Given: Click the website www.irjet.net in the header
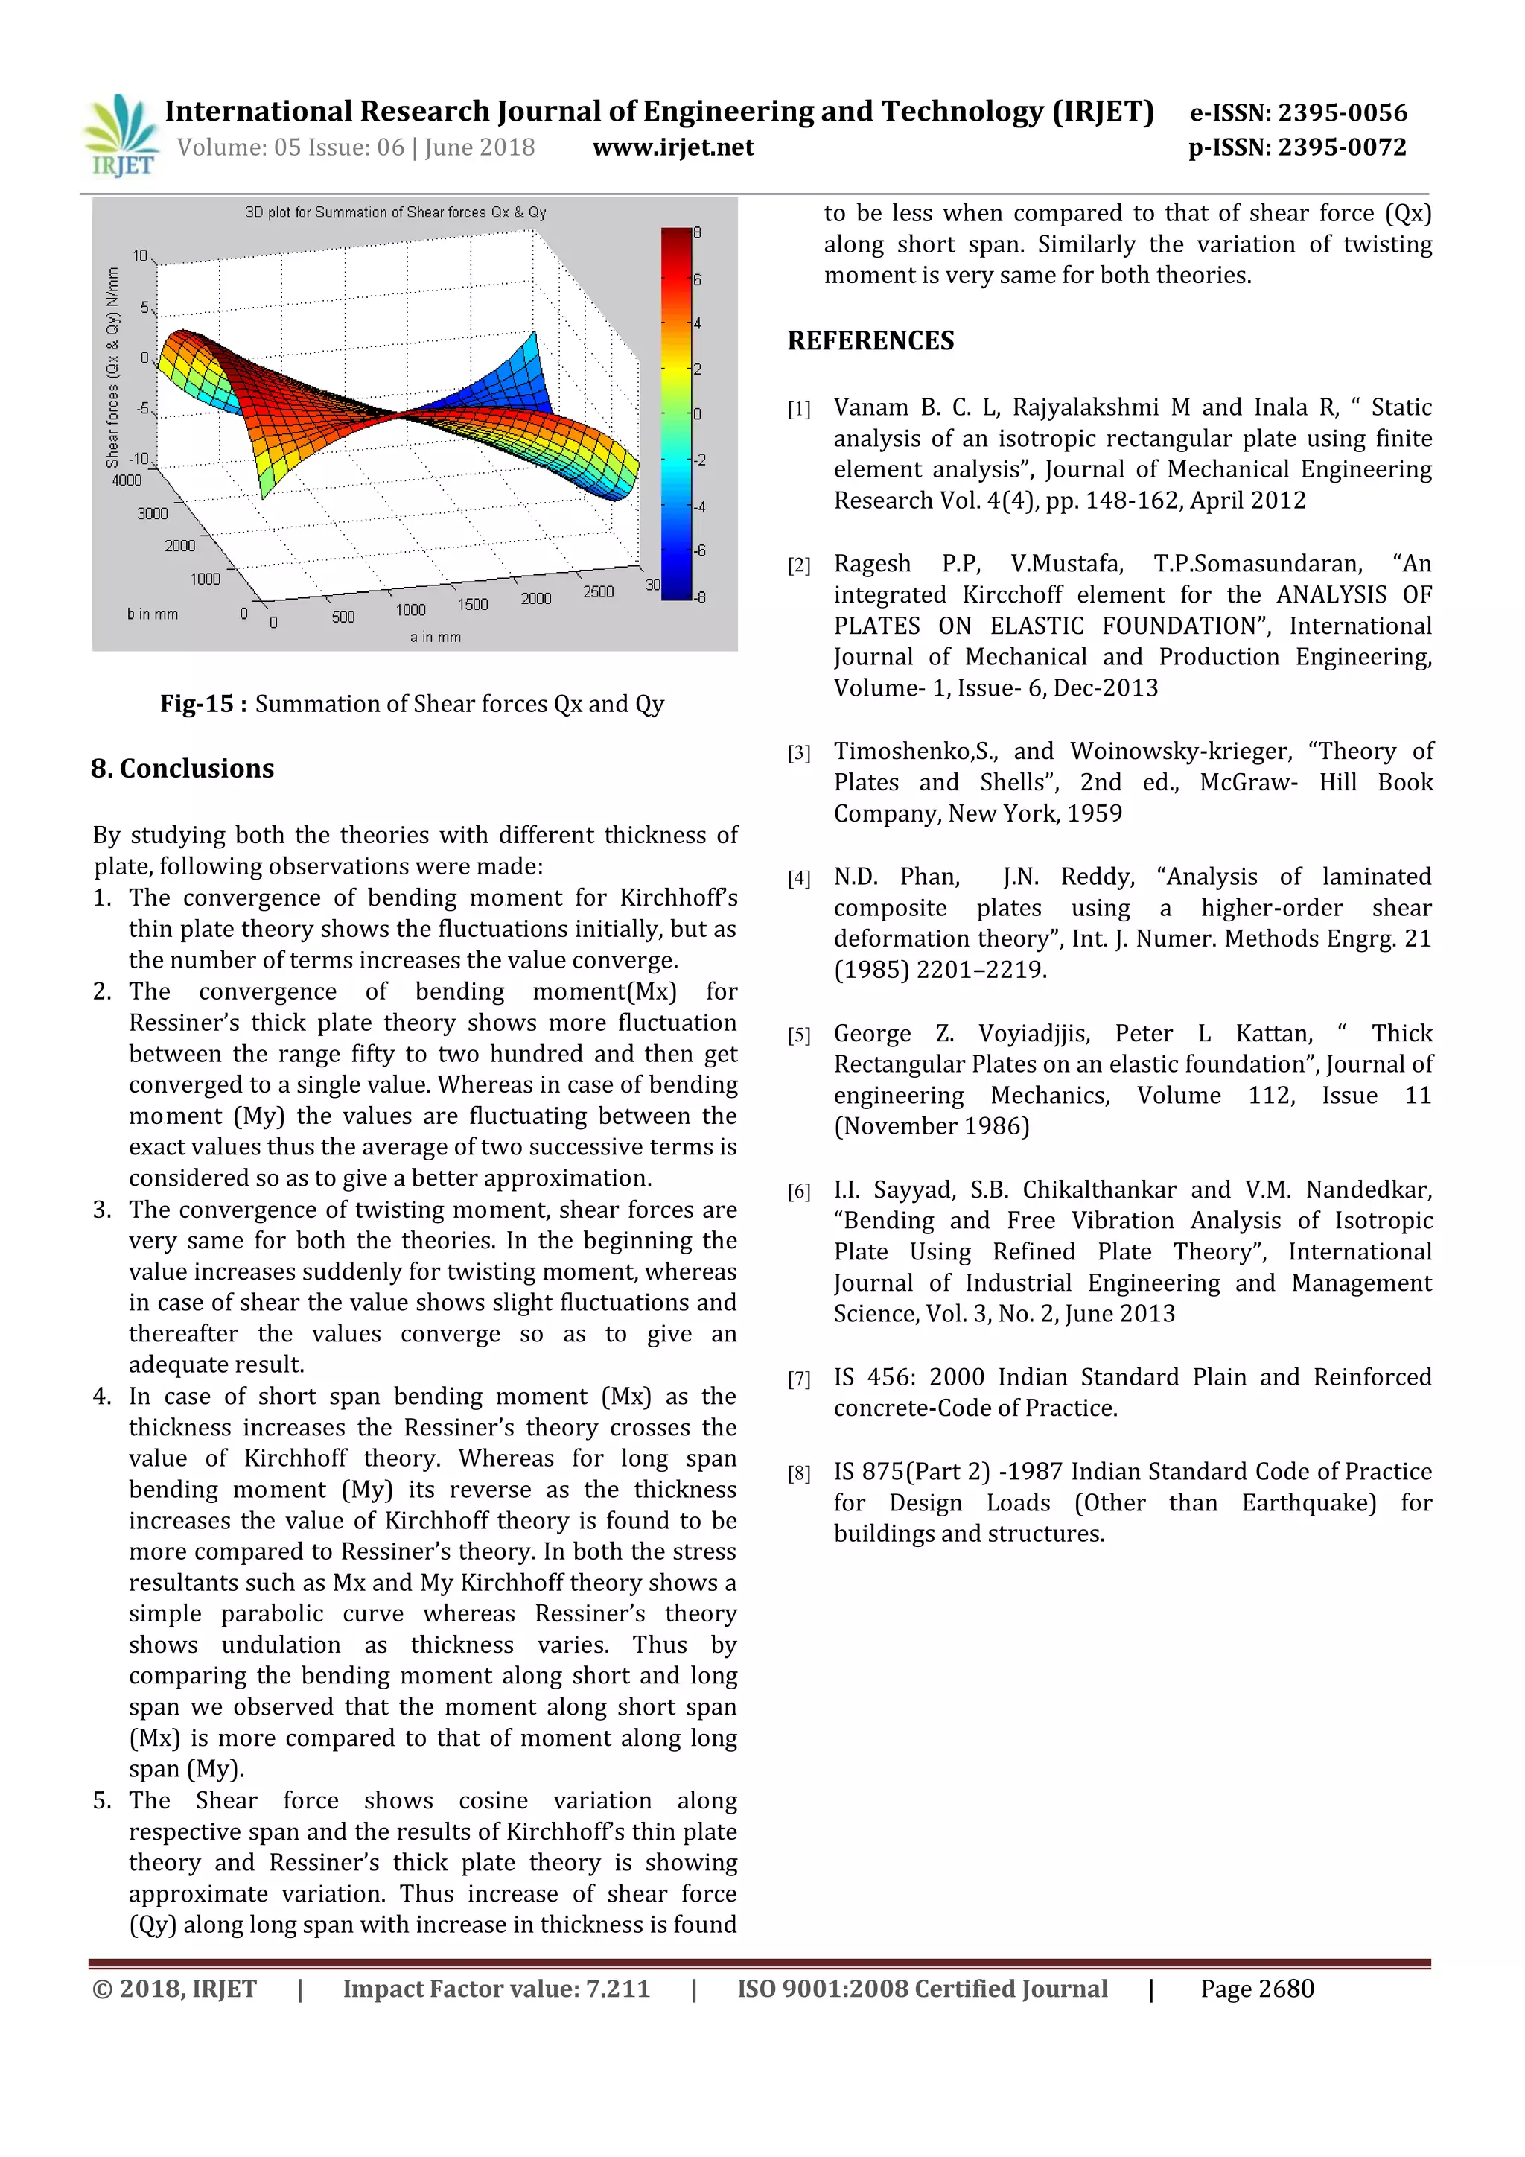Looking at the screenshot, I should click(673, 147).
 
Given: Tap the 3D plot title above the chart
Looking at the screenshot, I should click(395, 212).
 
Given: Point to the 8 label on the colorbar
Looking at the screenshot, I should click(698, 233).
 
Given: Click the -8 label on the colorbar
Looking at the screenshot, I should click(700, 597).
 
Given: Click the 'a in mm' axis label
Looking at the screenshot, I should click(436, 637).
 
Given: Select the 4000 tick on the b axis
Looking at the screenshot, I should click(127, 481).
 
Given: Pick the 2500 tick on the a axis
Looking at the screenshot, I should click(598, 592).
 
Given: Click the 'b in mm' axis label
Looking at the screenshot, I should click(152, 614).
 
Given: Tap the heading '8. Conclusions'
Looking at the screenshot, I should click(182, 769).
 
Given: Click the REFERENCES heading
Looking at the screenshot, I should click(870, 340).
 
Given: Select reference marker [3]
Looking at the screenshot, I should click(799, 752).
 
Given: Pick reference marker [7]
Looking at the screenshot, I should click(799, 1379).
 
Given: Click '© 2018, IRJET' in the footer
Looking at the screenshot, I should click(175, 1989).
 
